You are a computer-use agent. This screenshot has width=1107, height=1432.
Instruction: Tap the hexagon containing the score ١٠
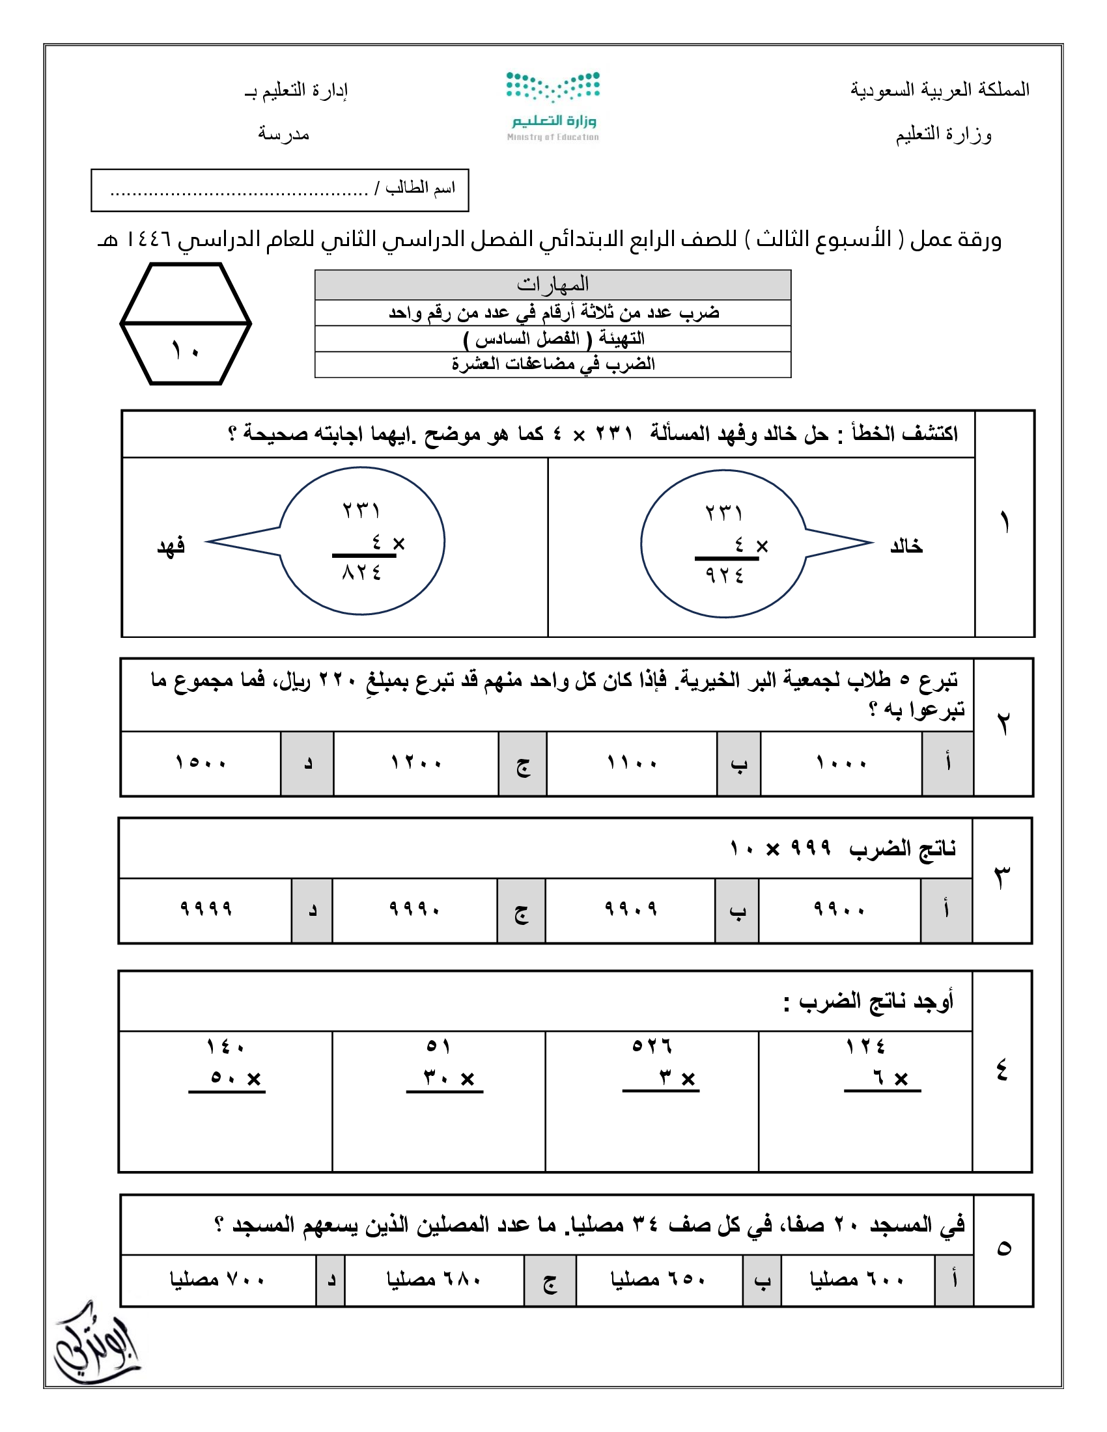pos(186,324)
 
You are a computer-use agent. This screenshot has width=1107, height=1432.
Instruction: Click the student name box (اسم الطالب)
pos(280,190)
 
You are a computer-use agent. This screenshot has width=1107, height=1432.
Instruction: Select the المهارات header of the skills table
pos(553,284)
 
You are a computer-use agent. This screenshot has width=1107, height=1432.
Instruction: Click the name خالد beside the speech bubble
pos(906,545)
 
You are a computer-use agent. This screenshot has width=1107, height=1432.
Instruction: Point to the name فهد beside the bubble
pos(171,545)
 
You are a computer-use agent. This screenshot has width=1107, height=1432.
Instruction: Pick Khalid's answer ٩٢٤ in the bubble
pos(725,575)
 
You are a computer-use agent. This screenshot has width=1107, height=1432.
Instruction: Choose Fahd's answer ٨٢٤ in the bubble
pos(361,573)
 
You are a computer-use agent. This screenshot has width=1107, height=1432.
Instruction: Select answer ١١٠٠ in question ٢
pos(632,764)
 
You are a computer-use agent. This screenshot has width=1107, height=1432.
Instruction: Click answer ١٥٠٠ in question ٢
pos(201,763)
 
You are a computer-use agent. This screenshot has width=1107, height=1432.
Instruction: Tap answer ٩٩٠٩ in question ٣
pos(630,909)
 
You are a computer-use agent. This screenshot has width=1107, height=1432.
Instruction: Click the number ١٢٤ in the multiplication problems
pos(865,1047)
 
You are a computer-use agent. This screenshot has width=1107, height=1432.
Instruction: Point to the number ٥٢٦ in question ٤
pos(652,1046)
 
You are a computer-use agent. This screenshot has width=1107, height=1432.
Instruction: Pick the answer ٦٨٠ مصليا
pos(434,1279)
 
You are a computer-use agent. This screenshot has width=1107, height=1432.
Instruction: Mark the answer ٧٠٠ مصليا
pos(217,1279)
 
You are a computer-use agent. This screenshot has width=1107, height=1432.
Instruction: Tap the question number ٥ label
pos(1003,1249)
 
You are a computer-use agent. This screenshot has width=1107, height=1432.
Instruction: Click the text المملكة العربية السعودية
pos(940,90)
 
